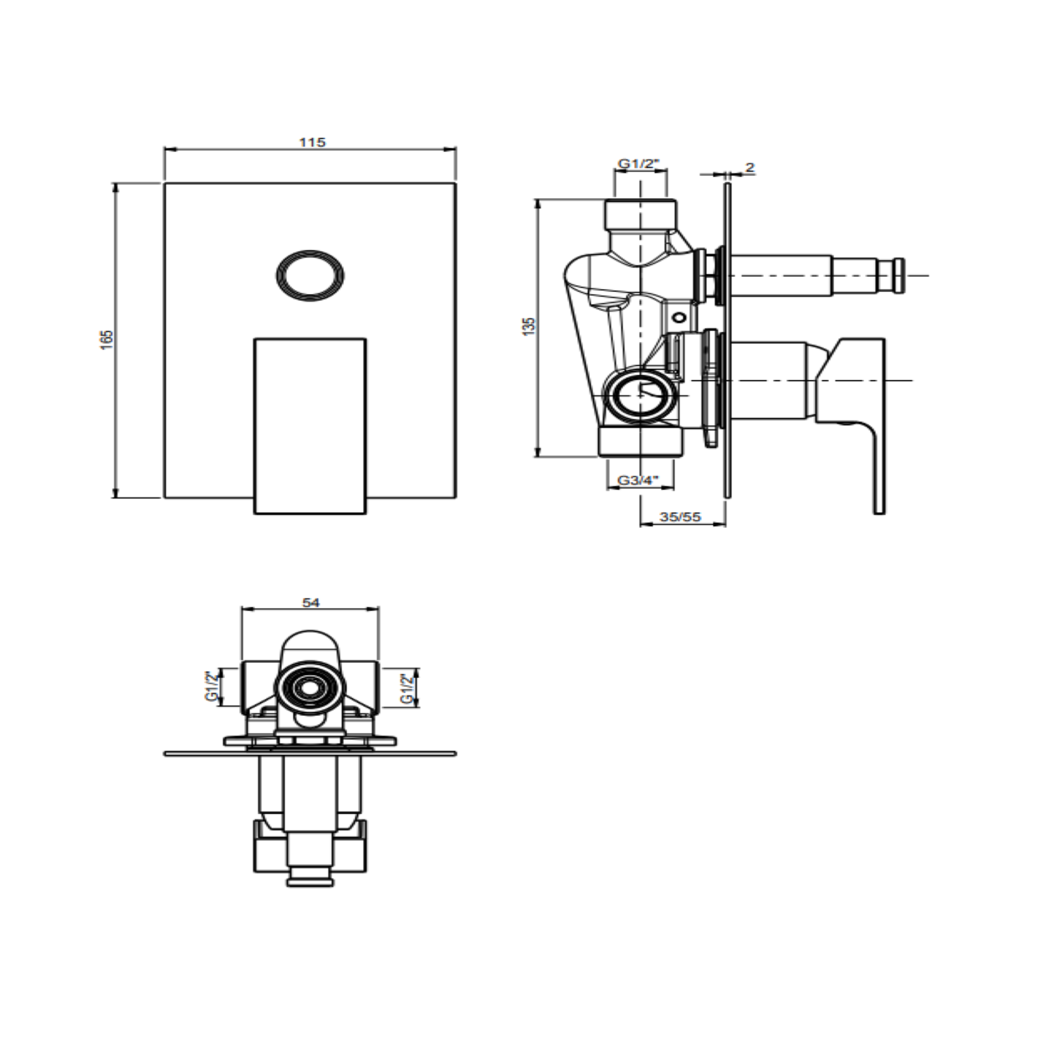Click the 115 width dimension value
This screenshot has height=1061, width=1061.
312,142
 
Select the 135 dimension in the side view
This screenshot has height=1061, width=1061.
529,327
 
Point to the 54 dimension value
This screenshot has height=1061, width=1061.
311,602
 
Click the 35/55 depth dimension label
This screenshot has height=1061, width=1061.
680,516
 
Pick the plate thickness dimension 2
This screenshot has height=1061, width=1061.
750,167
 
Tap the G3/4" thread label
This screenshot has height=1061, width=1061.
638,481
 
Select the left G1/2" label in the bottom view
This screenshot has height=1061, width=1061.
212,686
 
